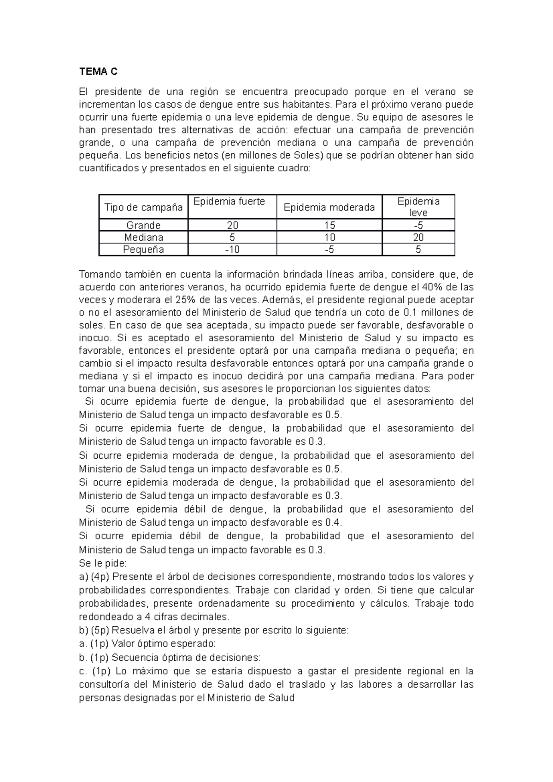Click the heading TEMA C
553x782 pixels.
[x=98, y=72]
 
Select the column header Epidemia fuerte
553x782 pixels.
[x=229, y=202]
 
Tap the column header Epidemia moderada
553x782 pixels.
[x=329, y=208]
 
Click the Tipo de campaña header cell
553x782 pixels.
[x=143, y=208]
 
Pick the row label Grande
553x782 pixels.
[x=143, y=225]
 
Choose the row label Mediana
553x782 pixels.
[x=143, y=238]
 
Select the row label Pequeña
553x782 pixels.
[x=143, y=250]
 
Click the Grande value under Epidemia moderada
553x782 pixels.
[x=329, y=225]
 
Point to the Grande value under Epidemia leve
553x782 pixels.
[x=418, y=225]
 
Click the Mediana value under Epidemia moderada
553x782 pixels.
[x=329, y=238]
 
